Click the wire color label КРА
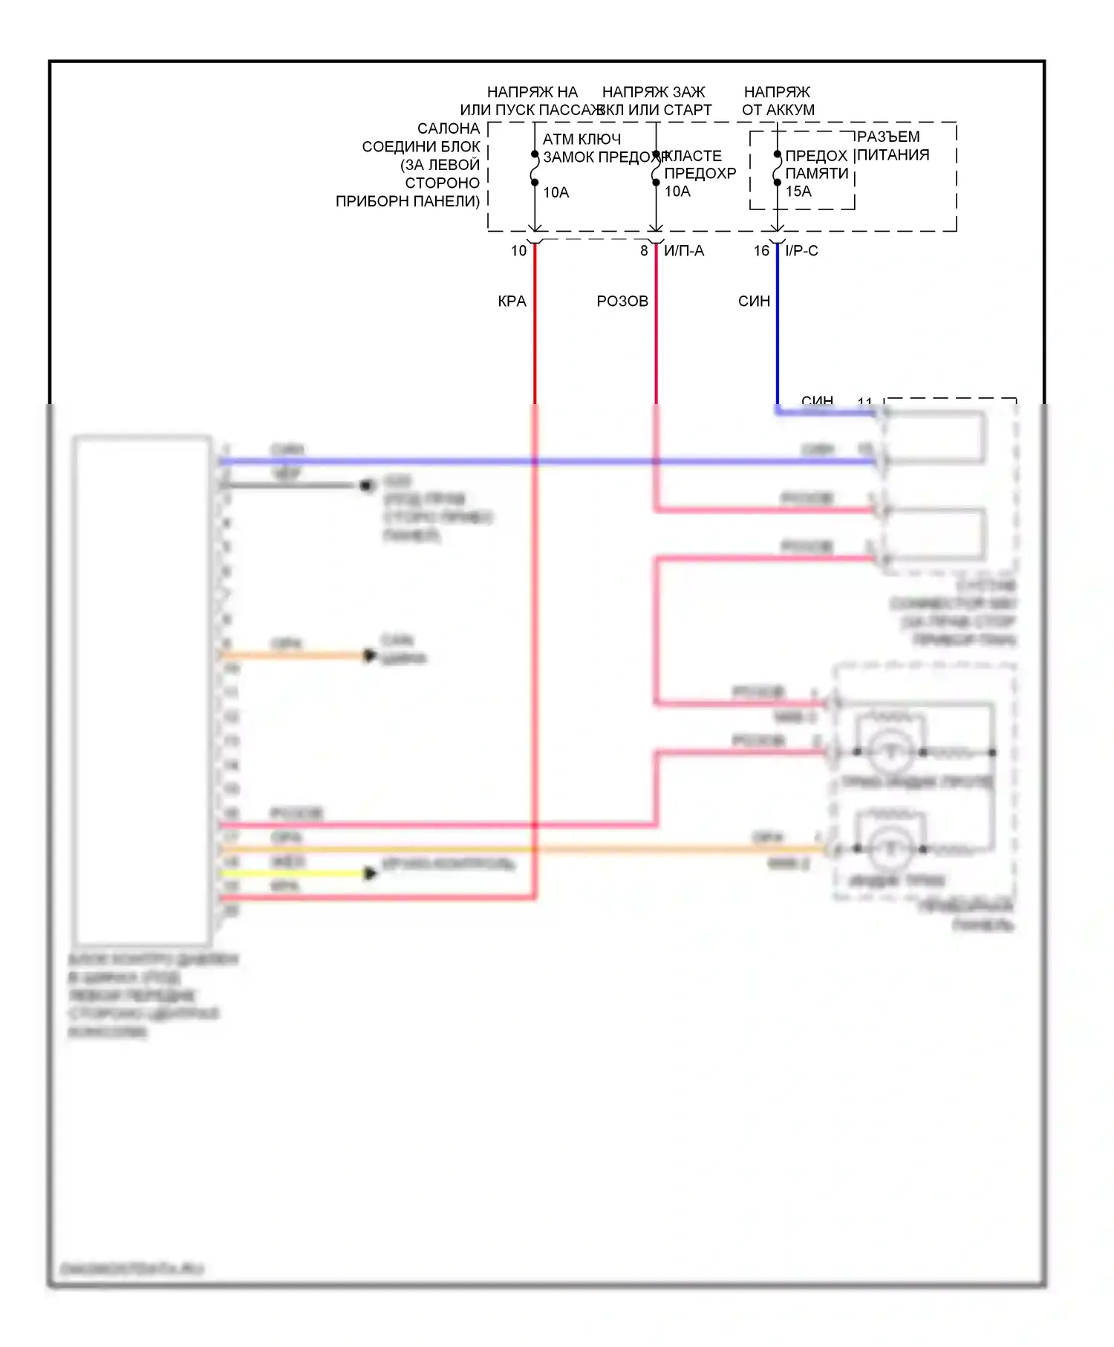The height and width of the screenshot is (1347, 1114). [x=512, y=301]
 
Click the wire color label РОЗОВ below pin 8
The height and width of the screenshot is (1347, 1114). [x=622, y=301]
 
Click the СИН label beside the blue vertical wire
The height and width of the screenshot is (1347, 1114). [x=754, y=301]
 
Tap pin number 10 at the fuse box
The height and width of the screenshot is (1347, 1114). [x=518, y=251]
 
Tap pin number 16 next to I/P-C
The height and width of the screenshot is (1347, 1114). [x=761, y=251]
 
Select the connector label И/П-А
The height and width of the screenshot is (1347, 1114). [x=684, y=251]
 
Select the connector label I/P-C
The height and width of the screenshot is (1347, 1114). [x=801, y=251]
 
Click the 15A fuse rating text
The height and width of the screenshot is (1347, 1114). [x=798, y=192]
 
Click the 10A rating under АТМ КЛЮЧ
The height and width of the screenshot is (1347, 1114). [x=556, y=193]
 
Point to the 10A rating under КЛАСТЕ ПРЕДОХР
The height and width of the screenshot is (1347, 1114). [x=677, y=192]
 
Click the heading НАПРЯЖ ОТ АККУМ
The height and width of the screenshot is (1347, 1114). [x=778, y=101]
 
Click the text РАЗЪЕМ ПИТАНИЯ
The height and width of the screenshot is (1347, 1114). [x=892, y=146]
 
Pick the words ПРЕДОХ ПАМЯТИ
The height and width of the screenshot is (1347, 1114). [x=816, y=165]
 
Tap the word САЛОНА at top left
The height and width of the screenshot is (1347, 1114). [x=449, y=128]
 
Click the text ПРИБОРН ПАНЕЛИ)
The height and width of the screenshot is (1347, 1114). [x=408, y=201]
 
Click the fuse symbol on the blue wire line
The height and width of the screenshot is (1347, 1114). [x=777, y=169]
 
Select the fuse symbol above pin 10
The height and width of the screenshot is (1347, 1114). [x=535, y=169]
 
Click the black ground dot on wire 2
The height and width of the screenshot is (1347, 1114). [x=366, y=486]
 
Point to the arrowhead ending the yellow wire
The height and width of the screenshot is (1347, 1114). [x=370, y=873]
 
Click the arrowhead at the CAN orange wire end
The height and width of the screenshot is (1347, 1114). [x=369, y=656]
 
